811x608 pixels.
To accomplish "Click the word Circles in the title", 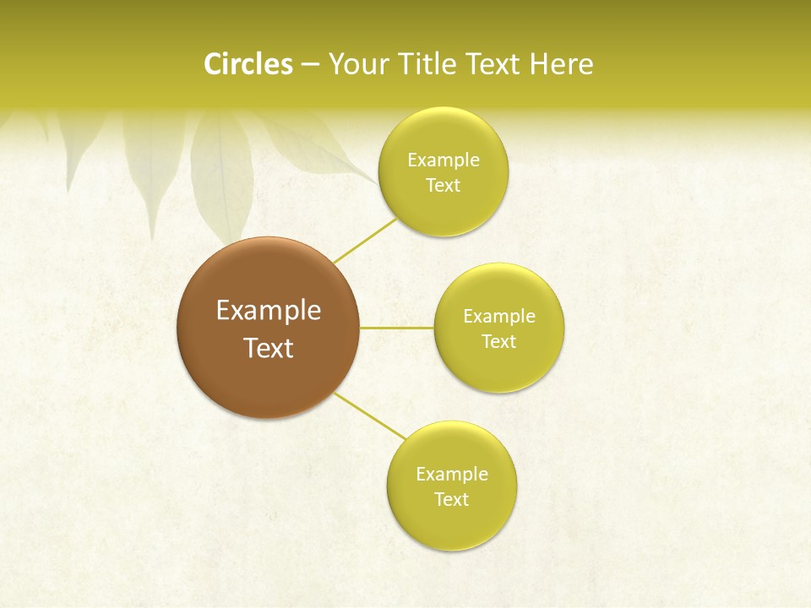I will (x=248, y=64).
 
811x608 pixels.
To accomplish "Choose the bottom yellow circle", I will (x=452, y=524).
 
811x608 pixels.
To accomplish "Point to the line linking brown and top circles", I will (x=364, y=241).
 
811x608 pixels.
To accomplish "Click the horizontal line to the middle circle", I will (x=396, y=327).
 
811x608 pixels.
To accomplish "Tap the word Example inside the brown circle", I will (x=268, y=311).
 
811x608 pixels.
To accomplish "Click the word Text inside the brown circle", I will (x=268, y=348).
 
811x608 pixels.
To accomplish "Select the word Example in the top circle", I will (x=443, y=160).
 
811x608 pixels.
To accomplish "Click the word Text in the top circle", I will (x=443, y=186).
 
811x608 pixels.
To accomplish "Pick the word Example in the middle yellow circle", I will (x=498, y=317).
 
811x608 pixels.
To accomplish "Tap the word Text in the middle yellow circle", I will (x=498, y=342).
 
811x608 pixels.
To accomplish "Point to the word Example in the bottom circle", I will (x=452, y=475).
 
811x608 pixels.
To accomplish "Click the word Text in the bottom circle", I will (x=452, y=500).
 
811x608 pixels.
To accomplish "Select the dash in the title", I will (x=310, y=65).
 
